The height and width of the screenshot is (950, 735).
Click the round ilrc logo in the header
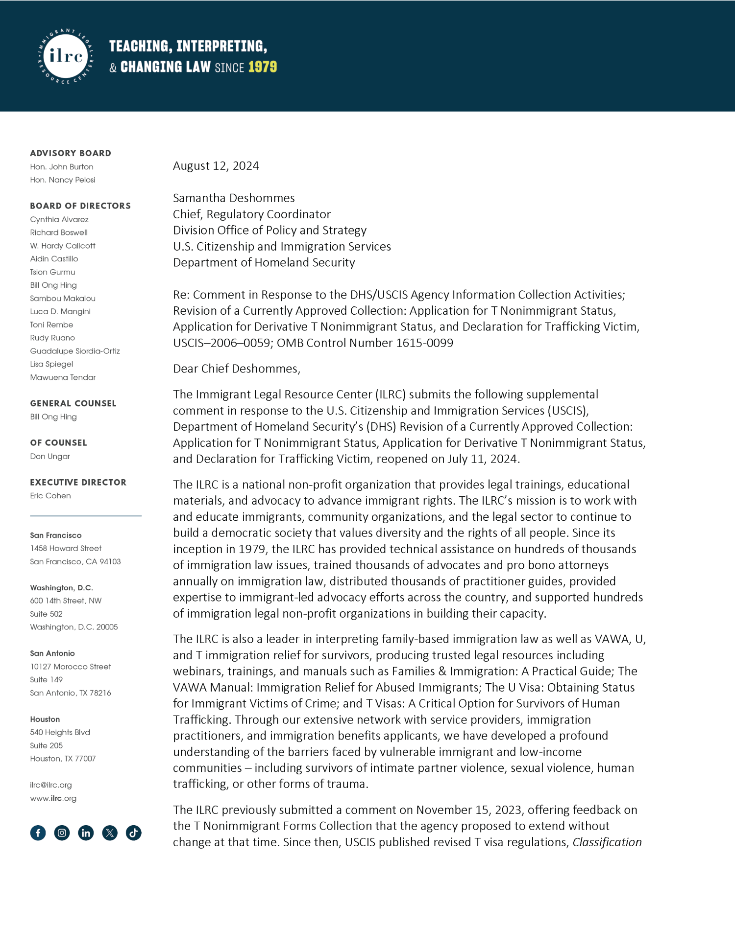click(66, 56)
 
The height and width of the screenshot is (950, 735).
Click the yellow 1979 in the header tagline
click(262, 67)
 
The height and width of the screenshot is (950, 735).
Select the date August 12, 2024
click(216, 166)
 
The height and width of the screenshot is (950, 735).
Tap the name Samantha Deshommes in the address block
click(234, 198)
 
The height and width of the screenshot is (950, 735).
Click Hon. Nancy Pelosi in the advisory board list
click(63, 180)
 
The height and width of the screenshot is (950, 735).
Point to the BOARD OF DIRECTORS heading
click(80, 206)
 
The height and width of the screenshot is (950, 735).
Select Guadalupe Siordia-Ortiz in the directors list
click(75, 351)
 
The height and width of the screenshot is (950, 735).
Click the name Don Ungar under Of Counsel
click(50, 456)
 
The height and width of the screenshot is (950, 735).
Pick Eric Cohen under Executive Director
click(50, 496)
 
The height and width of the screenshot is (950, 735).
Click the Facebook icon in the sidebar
click(38, 833)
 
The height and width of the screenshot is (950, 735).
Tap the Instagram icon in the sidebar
click(62, 833)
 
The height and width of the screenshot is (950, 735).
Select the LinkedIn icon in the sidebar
click(86, 833)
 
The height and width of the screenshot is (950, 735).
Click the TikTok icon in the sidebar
click(133, 833)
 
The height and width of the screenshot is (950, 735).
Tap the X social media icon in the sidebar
click(110, 833)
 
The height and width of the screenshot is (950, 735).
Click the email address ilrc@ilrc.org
click(51, 785)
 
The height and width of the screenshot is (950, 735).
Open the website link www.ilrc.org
click(53, 798)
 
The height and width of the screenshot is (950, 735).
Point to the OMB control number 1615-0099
click(424, 343)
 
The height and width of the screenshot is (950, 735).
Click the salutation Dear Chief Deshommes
click(236, 369)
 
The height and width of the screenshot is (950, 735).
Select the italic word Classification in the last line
click(607, 842)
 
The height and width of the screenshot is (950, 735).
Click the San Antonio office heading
click(52, 653)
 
